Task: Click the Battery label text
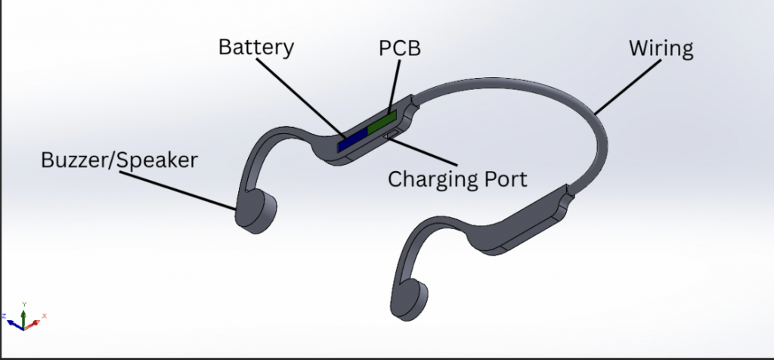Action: (x=255, y=48)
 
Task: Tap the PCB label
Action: (x=399, y=50)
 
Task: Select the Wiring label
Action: (x=661, y=50)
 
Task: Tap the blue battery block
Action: (x=351, y=139)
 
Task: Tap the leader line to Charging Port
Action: (x=423, y=151)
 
